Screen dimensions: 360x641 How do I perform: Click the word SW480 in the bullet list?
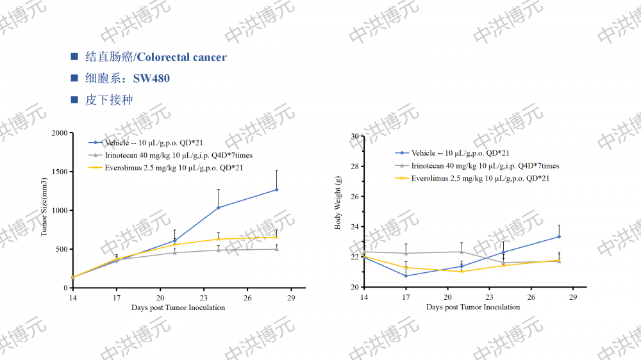151,79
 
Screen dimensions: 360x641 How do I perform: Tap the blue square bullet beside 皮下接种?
74,100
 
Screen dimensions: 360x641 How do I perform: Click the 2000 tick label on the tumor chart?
60,133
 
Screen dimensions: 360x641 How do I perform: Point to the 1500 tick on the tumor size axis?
60,172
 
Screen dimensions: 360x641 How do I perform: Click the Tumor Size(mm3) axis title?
45,209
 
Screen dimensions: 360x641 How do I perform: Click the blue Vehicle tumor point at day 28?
277,190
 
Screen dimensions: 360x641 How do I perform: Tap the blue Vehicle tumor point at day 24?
219,208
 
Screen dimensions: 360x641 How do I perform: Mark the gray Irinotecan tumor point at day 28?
277,249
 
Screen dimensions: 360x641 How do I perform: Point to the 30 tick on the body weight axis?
354,136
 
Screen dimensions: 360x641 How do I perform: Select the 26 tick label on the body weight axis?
354,197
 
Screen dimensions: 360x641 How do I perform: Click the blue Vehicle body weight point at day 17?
406,276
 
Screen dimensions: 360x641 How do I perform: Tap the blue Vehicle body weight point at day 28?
559,236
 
